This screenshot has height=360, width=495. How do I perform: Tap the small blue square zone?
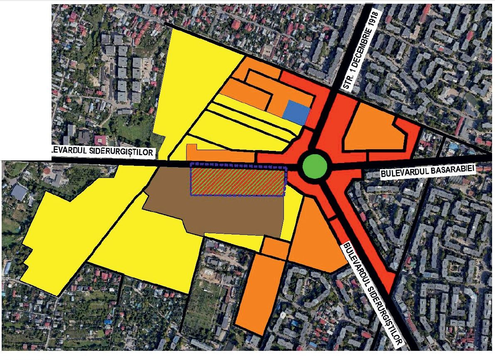(x=296, y=112)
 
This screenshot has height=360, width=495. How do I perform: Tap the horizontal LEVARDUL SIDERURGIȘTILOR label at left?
(x=102, y=153)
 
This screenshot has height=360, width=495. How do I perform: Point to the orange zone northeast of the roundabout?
(x=372, y=127)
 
